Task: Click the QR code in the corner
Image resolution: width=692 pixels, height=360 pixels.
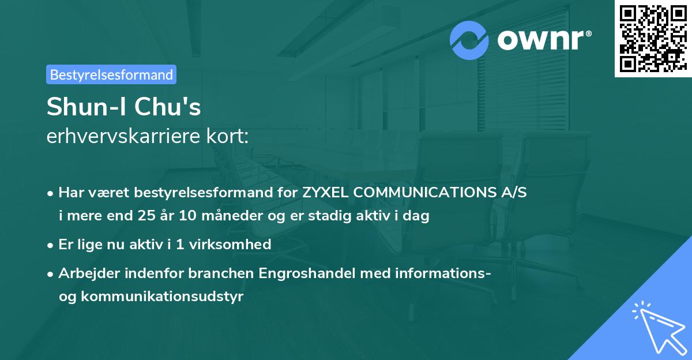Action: (x=653, y=39)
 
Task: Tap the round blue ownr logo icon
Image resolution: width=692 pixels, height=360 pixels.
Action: (x=469, y=40)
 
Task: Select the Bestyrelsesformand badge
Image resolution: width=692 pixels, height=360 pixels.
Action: (x=111, y=74)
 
